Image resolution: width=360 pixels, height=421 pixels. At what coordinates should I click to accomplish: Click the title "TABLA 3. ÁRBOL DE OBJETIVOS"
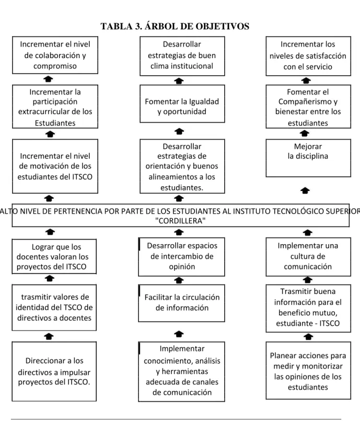click(175, 26)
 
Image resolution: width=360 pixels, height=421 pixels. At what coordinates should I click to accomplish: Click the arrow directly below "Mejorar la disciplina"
click(305, 191)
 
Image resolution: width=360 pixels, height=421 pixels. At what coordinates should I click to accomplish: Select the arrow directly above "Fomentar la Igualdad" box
click(179, 81)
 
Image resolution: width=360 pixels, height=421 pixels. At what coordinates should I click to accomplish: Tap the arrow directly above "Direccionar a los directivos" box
click(49, 336)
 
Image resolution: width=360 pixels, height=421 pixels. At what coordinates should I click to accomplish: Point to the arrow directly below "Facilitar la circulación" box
click(179, 334)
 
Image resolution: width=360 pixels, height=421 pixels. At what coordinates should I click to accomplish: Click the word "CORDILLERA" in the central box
click(181, 221)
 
